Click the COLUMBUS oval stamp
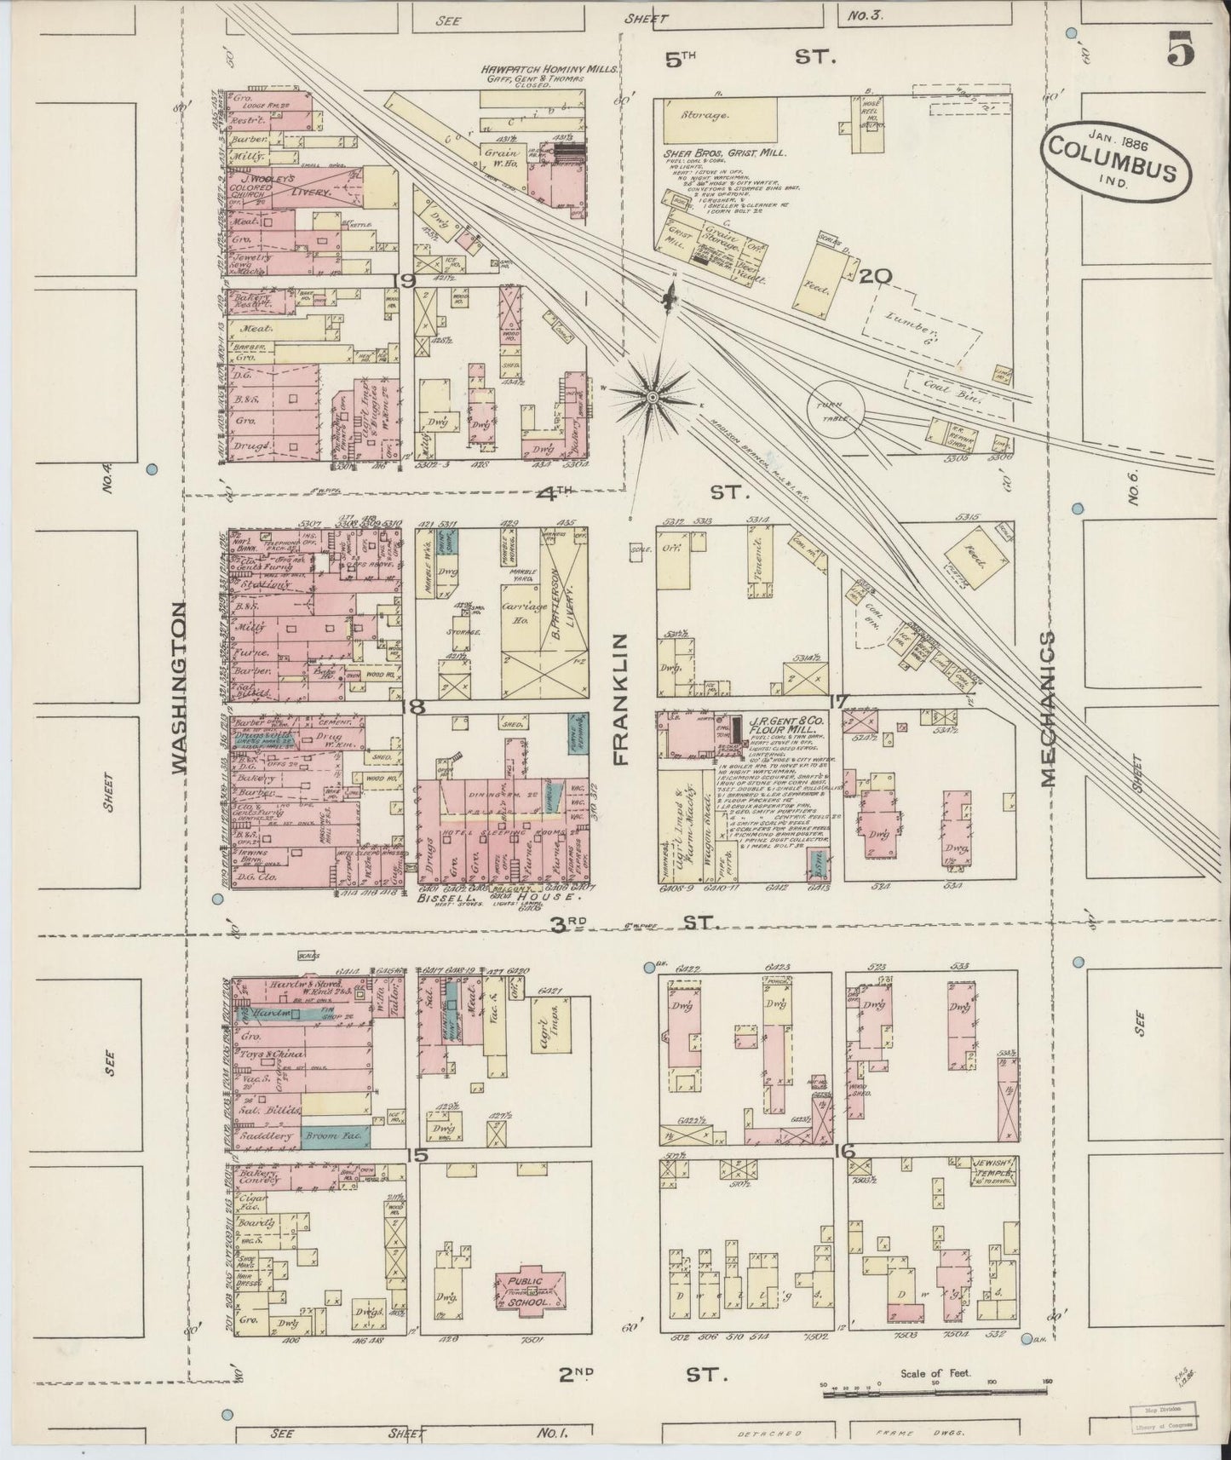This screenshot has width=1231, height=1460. (1114, 161)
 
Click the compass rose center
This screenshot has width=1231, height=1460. (653, 395)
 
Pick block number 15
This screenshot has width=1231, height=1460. (417, 1155)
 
